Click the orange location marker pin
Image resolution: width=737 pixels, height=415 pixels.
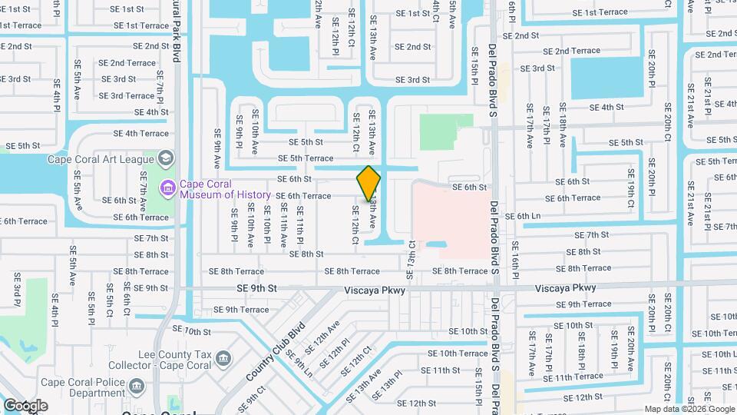click(368, 183)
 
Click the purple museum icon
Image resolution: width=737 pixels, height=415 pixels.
click(166, 188)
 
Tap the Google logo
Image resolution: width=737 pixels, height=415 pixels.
click(25, 406)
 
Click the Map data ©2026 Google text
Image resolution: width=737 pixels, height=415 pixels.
click(689, 409)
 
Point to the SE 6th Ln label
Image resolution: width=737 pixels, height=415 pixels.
click(524, 217)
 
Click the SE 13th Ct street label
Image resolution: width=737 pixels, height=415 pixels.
click(411, 255)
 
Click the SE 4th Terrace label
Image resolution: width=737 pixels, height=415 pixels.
click(140, 133)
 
